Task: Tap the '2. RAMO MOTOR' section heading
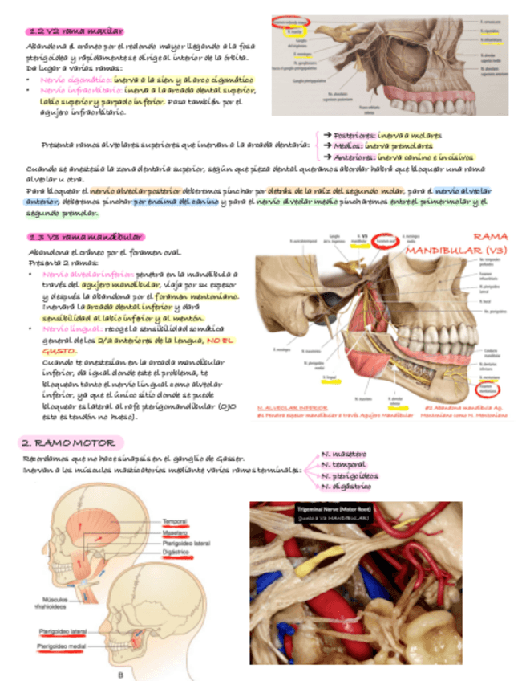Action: pyautogui.click(x=71, y=442)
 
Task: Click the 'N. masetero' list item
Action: pyautogui.click(x=344, y=454)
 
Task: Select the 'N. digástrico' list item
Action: pyautogui.click(x=346, y=487)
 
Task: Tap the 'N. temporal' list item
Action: pyautogui.click(x=344, y=464)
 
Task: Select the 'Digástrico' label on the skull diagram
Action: pyautogui.click(x=176, y=553)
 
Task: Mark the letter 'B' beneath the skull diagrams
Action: pyautogui.click(x=119, y=674)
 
